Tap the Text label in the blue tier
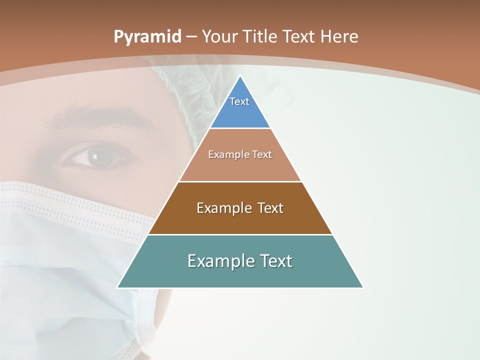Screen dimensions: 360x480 click(239, 101)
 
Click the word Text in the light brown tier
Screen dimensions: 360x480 click(262, 155)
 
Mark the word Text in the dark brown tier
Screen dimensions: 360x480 click(270, 208)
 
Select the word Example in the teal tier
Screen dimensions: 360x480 click(220, 261)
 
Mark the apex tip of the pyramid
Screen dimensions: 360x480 click(240, 76)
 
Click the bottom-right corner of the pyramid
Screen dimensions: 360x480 click(362, 287)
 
